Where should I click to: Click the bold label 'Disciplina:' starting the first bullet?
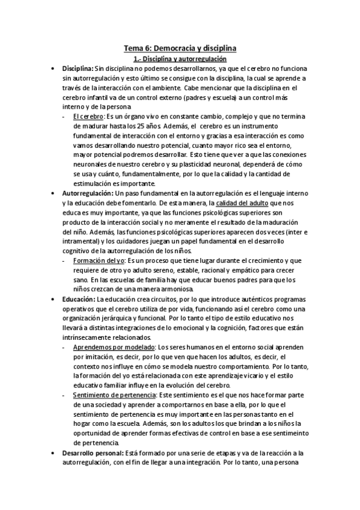(78, 69)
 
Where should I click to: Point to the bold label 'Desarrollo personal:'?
(92, 453)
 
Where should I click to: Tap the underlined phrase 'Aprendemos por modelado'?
(114, 348)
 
